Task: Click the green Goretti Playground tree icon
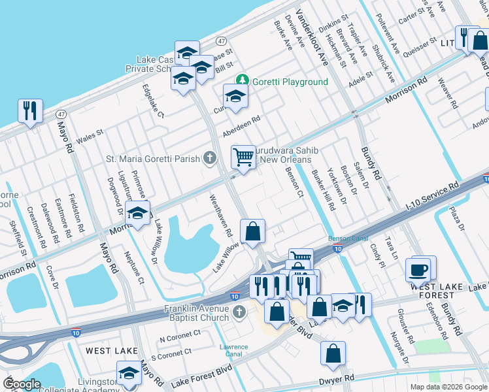[x=243, y=81]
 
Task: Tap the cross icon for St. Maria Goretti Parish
[x=209, y=158]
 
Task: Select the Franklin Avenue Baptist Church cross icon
[x=239, y=313]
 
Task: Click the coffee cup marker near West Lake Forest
[x=418, y=269]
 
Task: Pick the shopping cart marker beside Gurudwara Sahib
[x=243, y=157]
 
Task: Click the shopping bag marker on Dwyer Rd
[x=333, y=353]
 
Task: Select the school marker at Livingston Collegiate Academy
[x=129, y=373]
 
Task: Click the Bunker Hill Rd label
[x=324, y=190]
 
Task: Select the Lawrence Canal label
[x=233, y=350]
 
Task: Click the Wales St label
[x=90, y=136]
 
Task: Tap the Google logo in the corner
[x=22, y=384]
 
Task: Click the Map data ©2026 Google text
[x=448, y=387]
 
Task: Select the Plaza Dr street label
[x=455, y=220]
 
